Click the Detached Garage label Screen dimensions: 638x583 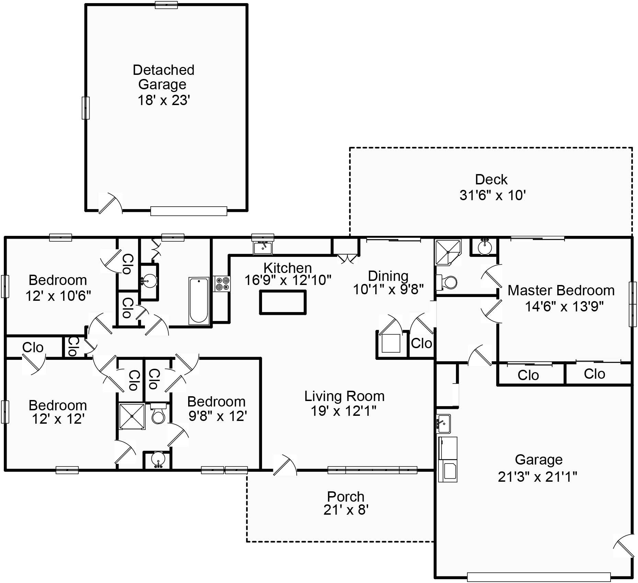pyautogui.click(x=163, y=77)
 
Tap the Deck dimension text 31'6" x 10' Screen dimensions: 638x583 pyautogui.click(x=493, y=195)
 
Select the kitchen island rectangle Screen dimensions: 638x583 pyautogui.click(x=283, y=302)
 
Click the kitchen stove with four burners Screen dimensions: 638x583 pyautogui.click(x=222, y=284)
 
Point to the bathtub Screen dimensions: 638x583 pyautogui.click(x=199, y=301)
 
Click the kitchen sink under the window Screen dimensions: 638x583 pyautogui.click(x=263, y=248)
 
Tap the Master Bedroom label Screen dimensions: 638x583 pyautogui.click(x=561, y=290)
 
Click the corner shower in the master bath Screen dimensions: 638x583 pyautogui.click(x=448, y=252)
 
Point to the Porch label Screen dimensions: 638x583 pyautogui.click(x=346, y=496)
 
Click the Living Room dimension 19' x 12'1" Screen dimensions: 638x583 pyautogui.click(x=344, y=411)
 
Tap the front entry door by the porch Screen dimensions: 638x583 pyautogui.click(x=284, y=465)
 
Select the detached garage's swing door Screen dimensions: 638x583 pyautogui.click(x=110, y=203)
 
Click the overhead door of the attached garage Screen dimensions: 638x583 pyautogui.click(x=539, y=577)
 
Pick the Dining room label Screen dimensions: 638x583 pyautogui.click(x=388, y=276)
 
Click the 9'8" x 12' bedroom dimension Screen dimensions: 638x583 pyautogui.click(x=218, y=416)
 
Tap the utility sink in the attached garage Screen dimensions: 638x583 pyautogui.click(x=444, y=424)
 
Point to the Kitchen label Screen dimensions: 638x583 pyautogui.click(x=288, y=268)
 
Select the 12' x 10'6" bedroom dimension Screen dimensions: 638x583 pyautogui.click(x=58, y=296)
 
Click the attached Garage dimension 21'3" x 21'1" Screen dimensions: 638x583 pyautogui.click(x=538, y=477)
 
